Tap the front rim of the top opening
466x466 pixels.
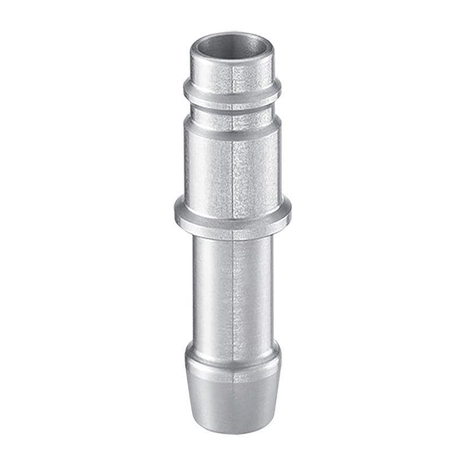tap(232, 58)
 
